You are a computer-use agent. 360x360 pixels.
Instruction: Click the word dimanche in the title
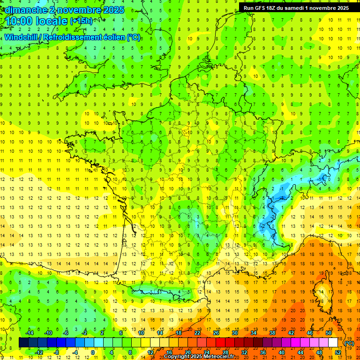pos(23,10)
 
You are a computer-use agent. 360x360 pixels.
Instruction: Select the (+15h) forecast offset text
pos(81,21)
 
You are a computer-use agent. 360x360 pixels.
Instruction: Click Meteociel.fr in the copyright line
pos(220,357)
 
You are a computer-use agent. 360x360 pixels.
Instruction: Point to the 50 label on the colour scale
pos(328,333)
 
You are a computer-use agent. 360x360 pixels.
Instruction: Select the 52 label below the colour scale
pos(337,352)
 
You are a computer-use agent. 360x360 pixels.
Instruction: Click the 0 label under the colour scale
pos(93,352)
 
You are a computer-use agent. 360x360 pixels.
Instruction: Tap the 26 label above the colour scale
pos(216,333)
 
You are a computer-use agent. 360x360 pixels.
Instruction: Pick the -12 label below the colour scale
pos(39,352)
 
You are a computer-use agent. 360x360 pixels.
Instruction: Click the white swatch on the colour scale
pos(333,343)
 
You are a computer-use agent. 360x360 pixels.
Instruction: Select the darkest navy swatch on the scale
pos(24,343)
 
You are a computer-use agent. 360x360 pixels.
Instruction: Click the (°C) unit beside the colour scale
pos(349,343)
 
